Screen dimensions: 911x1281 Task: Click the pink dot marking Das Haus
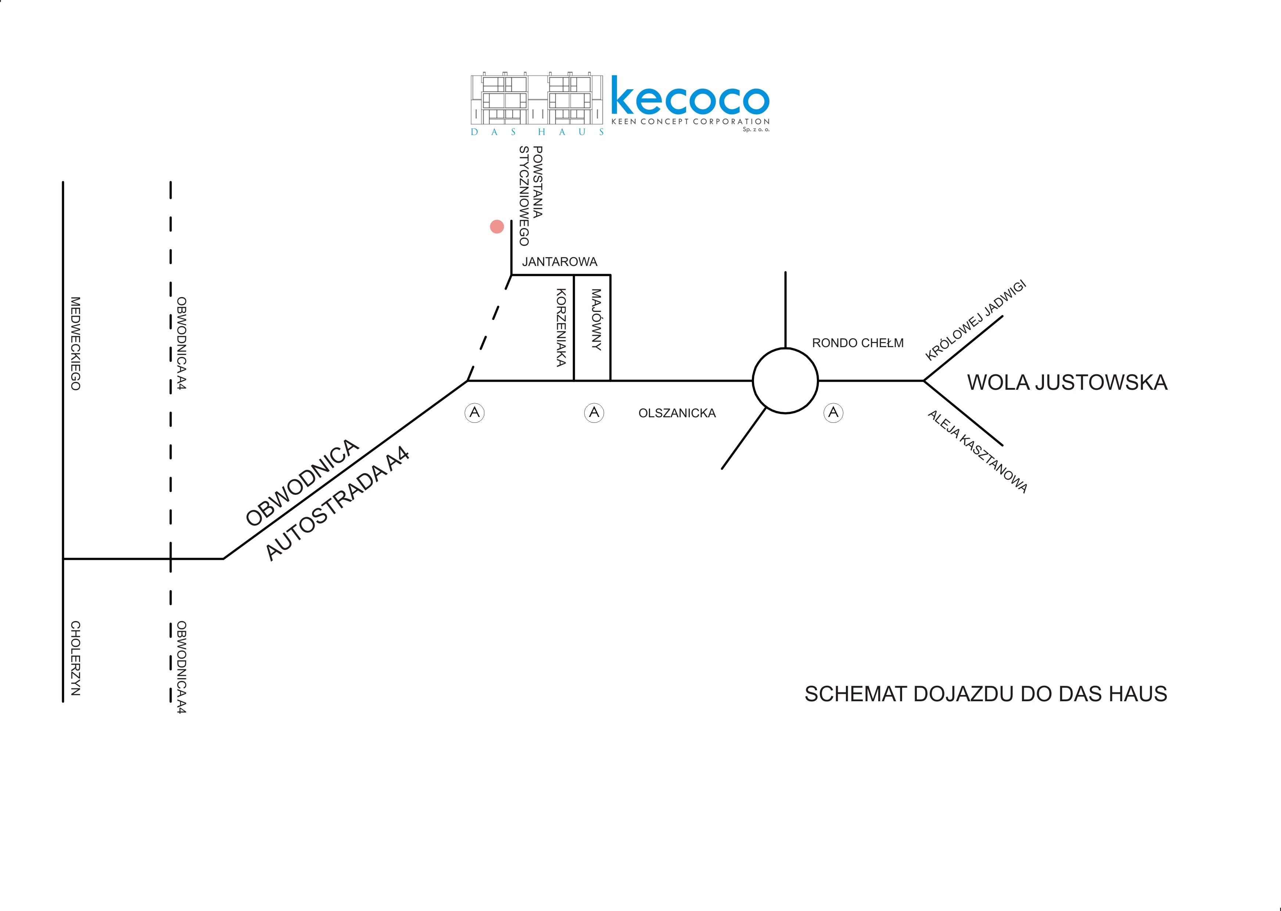496,227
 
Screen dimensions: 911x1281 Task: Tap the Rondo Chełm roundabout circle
785,381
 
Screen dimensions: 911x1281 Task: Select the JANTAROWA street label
559,262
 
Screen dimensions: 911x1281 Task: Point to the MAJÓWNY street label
596,320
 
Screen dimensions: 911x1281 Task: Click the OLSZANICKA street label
677,413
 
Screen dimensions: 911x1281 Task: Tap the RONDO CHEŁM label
857,343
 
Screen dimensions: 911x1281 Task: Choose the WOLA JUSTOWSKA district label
1067,382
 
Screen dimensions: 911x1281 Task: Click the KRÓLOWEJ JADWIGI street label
976,320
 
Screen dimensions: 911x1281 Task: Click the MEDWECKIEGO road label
75,343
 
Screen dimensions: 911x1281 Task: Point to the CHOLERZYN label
75,658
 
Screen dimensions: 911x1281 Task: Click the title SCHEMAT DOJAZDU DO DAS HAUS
985,694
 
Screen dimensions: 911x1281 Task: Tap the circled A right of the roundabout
833,413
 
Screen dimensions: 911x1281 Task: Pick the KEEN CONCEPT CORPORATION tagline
690,122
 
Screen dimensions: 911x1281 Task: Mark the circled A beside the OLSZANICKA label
594,413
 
